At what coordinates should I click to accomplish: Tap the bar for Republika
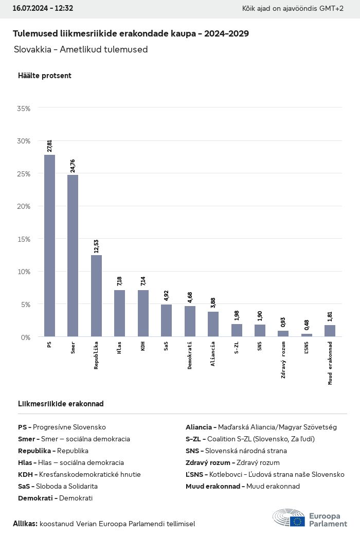pos(96,296)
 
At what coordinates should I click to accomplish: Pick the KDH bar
pos(143,313)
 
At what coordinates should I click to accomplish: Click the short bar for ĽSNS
pos(307,335)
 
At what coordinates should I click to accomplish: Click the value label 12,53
pos(96,246)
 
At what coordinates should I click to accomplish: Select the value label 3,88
pos(213,303)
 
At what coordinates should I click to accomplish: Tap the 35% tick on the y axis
pos(24,109)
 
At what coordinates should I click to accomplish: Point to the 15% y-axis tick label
pos(24,239)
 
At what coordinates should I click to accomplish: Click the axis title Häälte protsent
pos(45,76)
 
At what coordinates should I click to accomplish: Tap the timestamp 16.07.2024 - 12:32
pos(43,8)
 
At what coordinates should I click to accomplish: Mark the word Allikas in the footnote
pos(25,524)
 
